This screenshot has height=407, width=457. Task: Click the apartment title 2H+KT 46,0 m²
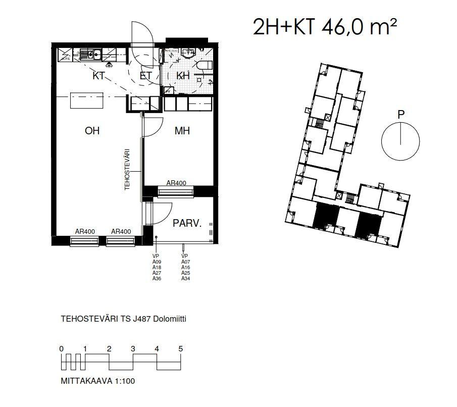(325, 27)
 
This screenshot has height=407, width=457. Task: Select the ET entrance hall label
(146, 76)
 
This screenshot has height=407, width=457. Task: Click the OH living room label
(92, 131)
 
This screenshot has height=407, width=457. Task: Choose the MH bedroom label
(182, 131)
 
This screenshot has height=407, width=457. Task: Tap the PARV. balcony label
(187, 223)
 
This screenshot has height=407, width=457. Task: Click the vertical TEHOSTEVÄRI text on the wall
(128, 169)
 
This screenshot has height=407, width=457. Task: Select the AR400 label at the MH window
(175, 183)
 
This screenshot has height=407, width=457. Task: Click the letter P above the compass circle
(401, 115)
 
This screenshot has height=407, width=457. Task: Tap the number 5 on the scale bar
(180, 348)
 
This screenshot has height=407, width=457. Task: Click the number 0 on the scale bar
(61, 348)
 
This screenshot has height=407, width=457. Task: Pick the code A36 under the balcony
(157, 279)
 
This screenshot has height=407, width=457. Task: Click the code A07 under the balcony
(185, 262)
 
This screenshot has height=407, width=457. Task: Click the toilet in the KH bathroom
(204, 66)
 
